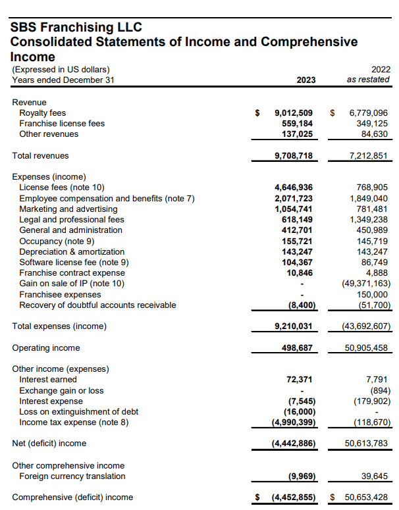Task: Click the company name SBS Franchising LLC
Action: (76, 28)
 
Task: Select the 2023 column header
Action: (306, 80)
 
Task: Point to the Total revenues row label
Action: (41, 156)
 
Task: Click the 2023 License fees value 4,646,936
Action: (293, 188)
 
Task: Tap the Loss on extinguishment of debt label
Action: (79, 411)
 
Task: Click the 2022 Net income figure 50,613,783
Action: (366, 444)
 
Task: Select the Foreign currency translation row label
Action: (72, 476)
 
